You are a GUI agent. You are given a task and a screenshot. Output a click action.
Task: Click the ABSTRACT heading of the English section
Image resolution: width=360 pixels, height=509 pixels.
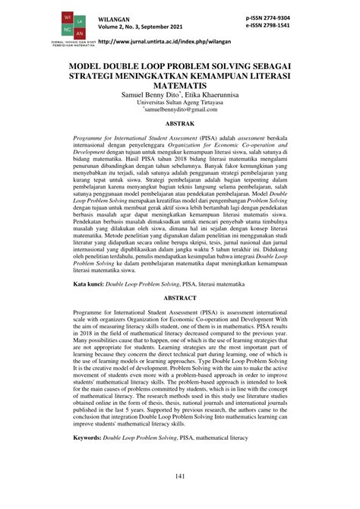click(179, 321)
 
